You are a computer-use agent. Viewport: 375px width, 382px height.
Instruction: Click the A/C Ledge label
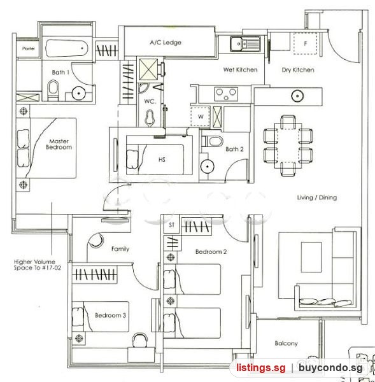pos(166,43)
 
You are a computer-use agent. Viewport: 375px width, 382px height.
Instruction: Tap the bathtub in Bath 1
pos(66,48)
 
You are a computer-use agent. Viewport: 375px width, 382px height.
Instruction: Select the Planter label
pos(29,48)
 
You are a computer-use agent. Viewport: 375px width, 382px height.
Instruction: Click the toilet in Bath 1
pos(53,90)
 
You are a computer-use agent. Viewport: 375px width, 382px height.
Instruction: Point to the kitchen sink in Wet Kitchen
pos(245,44)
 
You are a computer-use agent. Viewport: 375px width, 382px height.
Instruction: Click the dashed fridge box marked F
pos(306,43)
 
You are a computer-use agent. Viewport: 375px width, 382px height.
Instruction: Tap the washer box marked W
pos(201,117)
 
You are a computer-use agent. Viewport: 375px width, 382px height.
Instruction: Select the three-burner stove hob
pos(226,94)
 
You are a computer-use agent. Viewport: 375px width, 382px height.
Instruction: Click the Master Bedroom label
pos(59,145)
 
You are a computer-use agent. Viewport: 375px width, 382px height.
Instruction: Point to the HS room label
pos(162,160)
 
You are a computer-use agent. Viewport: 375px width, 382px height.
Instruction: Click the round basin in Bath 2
pos(207,167)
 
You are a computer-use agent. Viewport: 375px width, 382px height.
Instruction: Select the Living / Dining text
pos(317,197)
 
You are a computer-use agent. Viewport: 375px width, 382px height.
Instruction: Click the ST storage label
pos(171,225)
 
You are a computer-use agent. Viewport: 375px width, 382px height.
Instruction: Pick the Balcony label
pos(286,343)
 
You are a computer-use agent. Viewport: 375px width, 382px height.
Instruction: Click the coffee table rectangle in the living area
pos(311,257)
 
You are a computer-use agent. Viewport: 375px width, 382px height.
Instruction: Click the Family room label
pos(120,249)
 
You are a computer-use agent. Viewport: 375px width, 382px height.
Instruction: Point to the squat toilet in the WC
pos(150,118)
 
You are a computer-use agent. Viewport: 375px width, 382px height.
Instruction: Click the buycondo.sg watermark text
pos(330,367)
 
